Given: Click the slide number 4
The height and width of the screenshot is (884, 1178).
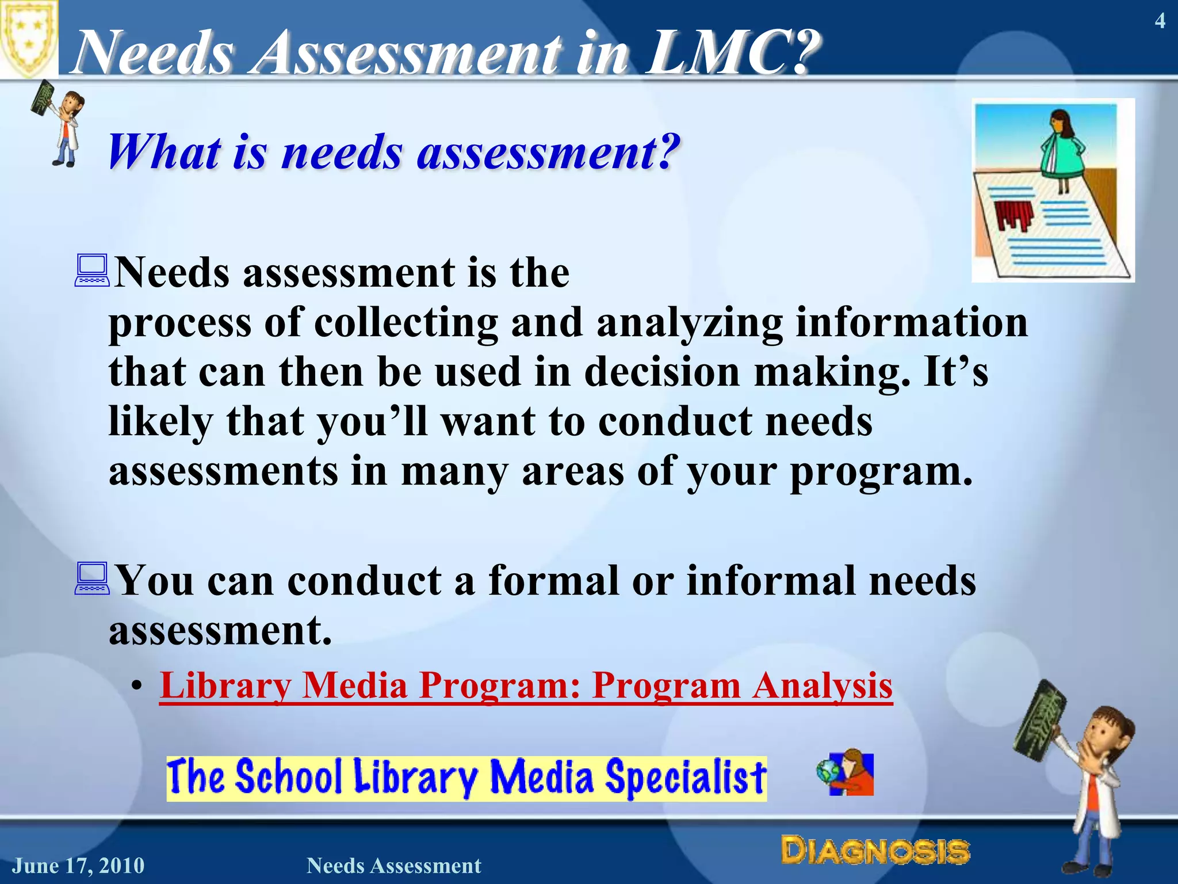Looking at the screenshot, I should (x=1160, y=22).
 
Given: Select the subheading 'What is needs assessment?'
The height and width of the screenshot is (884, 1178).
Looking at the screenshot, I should (x=394, y=152).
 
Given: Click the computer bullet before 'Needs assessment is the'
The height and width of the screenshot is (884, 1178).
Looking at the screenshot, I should (x=92, y=270).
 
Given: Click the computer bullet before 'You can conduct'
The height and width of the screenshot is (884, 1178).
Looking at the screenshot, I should (x=92, y=578).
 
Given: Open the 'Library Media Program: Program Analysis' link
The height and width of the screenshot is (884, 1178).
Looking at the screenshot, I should (x=526, y=686).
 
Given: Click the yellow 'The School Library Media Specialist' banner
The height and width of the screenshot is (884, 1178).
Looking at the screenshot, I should (x=466, y=778).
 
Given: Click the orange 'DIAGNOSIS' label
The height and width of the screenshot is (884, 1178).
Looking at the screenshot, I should (x=875, y=850).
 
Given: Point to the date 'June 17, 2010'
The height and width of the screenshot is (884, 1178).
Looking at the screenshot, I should (x=79, y=866).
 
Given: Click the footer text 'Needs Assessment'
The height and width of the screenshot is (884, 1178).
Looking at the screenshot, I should (x=394, y=866).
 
